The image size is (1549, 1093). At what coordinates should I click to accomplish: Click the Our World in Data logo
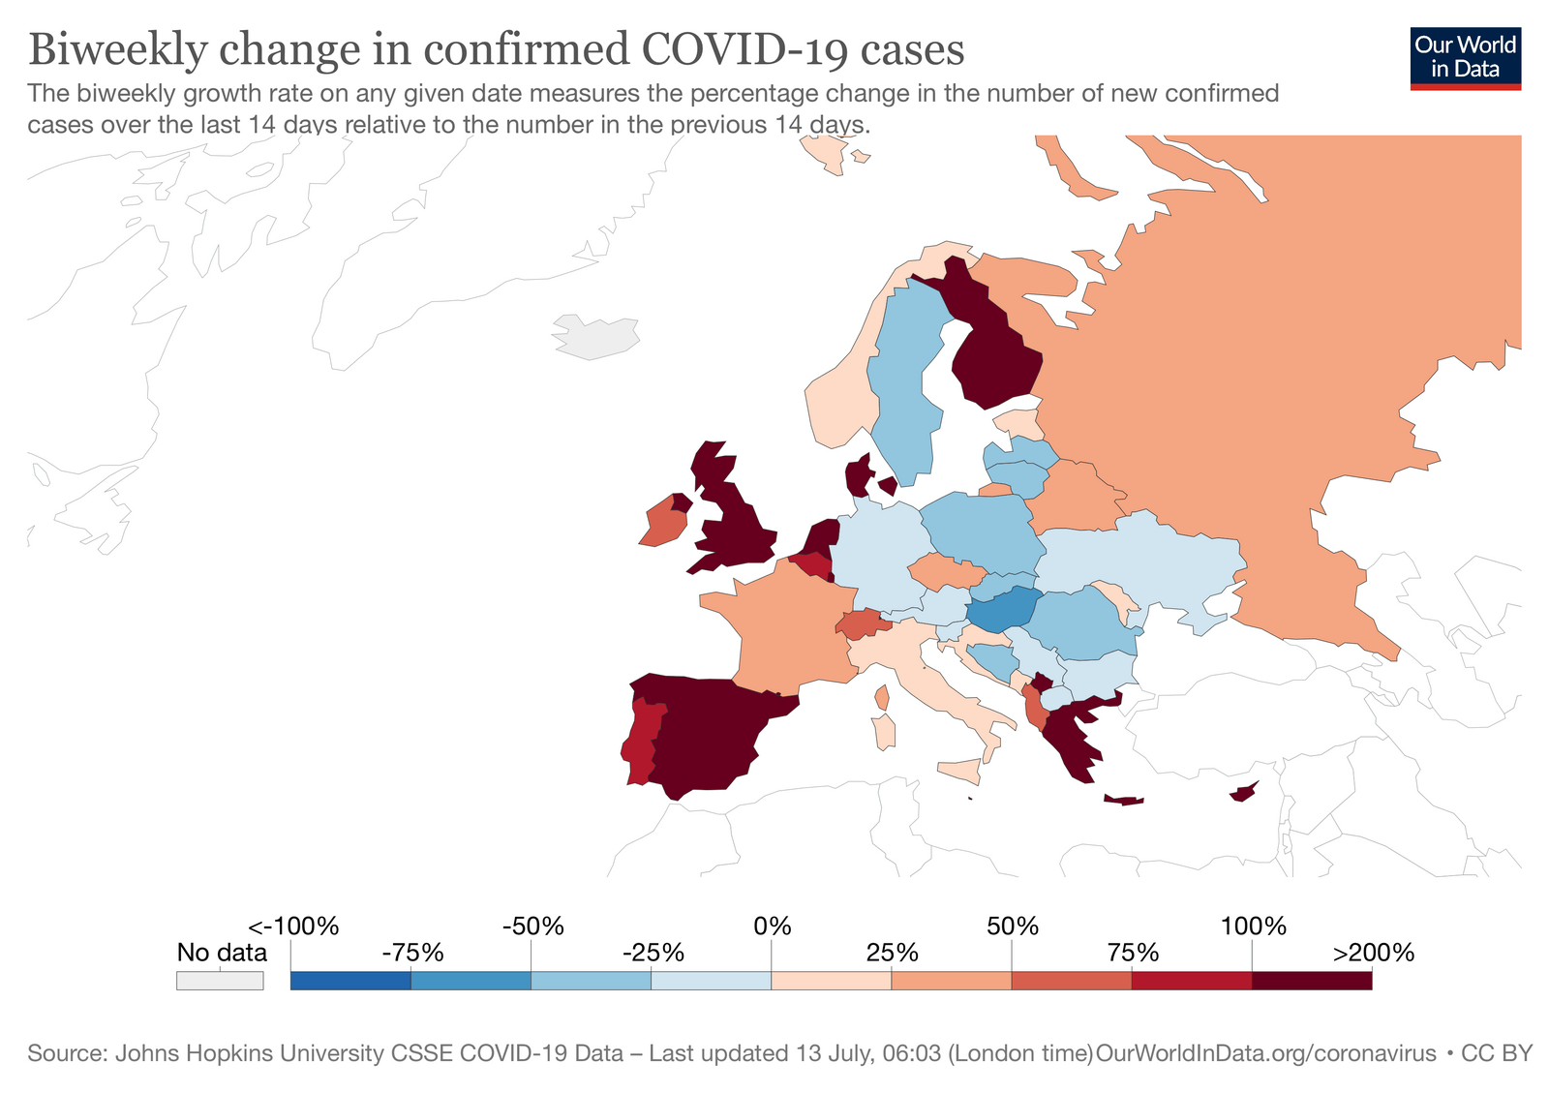pos(1465,57)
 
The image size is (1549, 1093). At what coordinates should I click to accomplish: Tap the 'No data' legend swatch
pos(220,980)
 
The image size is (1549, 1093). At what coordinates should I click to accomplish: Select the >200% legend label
pos(1374,953)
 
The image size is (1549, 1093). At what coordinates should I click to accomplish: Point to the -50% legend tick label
pos(532,926)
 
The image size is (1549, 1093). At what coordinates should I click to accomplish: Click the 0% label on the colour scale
pos(772,926)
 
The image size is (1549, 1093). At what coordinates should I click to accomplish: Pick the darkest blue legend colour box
pos(350,980)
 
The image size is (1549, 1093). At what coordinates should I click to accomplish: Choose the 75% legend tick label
pos(1132,953)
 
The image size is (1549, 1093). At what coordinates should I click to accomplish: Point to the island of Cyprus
pos(1244,793)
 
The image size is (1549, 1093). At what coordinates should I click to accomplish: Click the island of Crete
pos(1124,801)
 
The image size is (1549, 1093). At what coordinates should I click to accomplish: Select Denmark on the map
pos(858,476)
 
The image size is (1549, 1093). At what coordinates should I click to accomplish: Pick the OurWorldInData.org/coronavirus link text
pos(1264,1053)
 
